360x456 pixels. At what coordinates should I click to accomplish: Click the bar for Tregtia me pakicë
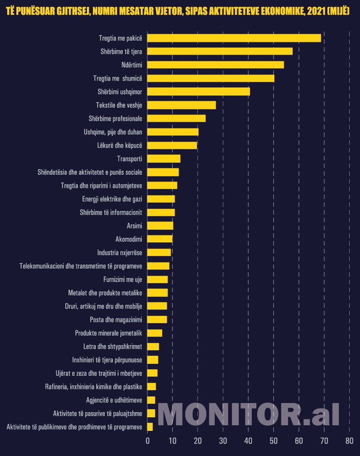point(234,38)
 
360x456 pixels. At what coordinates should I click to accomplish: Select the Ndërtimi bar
point(215,65)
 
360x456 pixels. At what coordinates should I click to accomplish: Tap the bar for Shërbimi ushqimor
point(199,92)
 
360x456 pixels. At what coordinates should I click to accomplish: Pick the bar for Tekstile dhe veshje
point(181,105)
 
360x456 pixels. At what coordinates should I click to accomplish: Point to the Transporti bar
point(164,159)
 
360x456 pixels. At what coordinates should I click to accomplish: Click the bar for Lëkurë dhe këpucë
point(172,145)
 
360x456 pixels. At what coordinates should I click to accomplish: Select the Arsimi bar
point(160,226)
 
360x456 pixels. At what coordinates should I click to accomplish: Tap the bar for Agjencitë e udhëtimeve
point(151,400)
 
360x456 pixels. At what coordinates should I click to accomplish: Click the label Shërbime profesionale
point(116,118)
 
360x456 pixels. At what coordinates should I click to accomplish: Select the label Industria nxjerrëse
point(120,253)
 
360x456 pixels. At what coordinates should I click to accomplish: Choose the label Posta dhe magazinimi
point(116,320)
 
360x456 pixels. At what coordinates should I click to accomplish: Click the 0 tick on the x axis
point(148,441)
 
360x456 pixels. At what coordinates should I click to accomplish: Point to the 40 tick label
point(248,441)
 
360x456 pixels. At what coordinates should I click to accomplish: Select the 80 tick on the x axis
point(349,441)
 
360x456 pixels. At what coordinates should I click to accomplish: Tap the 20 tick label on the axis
point(198,441)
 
